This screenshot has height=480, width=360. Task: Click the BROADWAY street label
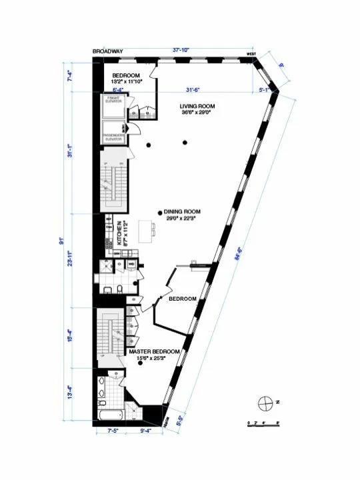106,51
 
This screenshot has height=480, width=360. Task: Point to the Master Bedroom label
154,351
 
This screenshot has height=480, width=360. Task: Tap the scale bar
262,423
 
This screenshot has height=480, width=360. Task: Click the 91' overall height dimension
61,240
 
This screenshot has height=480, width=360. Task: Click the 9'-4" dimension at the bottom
144,431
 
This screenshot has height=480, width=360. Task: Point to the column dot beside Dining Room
160,213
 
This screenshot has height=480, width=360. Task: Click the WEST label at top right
251,53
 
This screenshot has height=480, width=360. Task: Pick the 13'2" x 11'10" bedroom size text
126,83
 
